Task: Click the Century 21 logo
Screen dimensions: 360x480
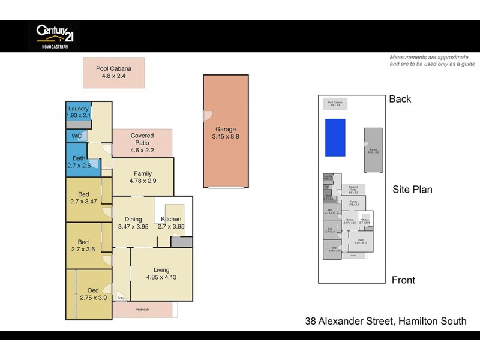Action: [x=54, y=35]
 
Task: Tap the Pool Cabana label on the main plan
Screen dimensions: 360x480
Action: [x=113, y=73]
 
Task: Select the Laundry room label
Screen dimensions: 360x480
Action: [x=78, y=112]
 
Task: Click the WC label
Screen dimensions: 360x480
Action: [x=76, y=136]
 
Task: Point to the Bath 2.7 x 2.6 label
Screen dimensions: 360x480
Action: [x=78, y=161]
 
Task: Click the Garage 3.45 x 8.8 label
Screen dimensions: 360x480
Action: [x=226, y=133]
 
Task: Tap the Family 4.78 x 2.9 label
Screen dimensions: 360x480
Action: [x=143, y=177]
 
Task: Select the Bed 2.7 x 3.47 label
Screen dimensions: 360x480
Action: [x=83, y=199]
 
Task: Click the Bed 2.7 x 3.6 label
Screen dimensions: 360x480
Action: [x=83, y=246]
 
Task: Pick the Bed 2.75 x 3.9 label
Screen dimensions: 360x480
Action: [x=93, y=295]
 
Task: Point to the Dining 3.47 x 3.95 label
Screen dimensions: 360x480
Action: [x=133, y=223]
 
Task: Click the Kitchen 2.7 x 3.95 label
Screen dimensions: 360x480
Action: [x=171, y=223]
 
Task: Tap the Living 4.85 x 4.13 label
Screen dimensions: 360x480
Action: [x=161, y=274]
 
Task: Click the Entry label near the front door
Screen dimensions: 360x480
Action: [x=121, y=298]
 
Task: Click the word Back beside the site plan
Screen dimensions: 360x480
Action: [x=400, y=99]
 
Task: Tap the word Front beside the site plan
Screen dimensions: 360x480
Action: [x=403, y=280]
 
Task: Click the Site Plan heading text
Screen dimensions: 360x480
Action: [x=412, y=190]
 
